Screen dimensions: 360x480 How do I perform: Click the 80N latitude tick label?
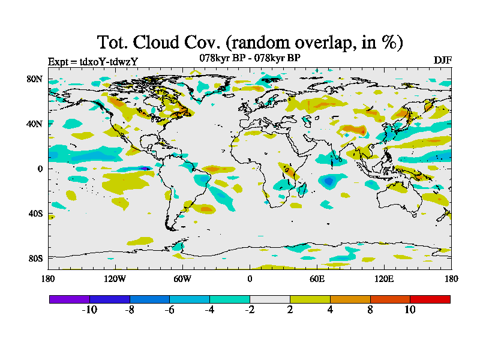click(34, 79)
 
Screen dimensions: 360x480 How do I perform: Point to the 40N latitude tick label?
click(34, 124)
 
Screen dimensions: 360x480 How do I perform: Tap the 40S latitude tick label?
click(34, 214)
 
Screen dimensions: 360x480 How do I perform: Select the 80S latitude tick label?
click(34, 259)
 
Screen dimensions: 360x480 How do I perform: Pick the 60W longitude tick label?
click(182, 278)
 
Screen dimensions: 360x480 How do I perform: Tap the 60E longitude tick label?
click(317, 278)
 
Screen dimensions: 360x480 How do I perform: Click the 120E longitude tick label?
click(384, 278)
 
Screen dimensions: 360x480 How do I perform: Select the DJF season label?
click(442, 61)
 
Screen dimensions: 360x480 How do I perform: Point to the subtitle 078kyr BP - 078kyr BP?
click(250, 58)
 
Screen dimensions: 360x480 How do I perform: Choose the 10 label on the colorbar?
click(410, 310)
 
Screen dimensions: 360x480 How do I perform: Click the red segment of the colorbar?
click(430, 299)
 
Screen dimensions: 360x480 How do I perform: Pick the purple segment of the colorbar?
click(70, 299)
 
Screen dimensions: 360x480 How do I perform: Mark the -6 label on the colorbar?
click(169, 310)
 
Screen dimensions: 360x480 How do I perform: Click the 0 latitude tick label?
click(39, 169)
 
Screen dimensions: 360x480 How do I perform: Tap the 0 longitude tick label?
click(250, 278)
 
